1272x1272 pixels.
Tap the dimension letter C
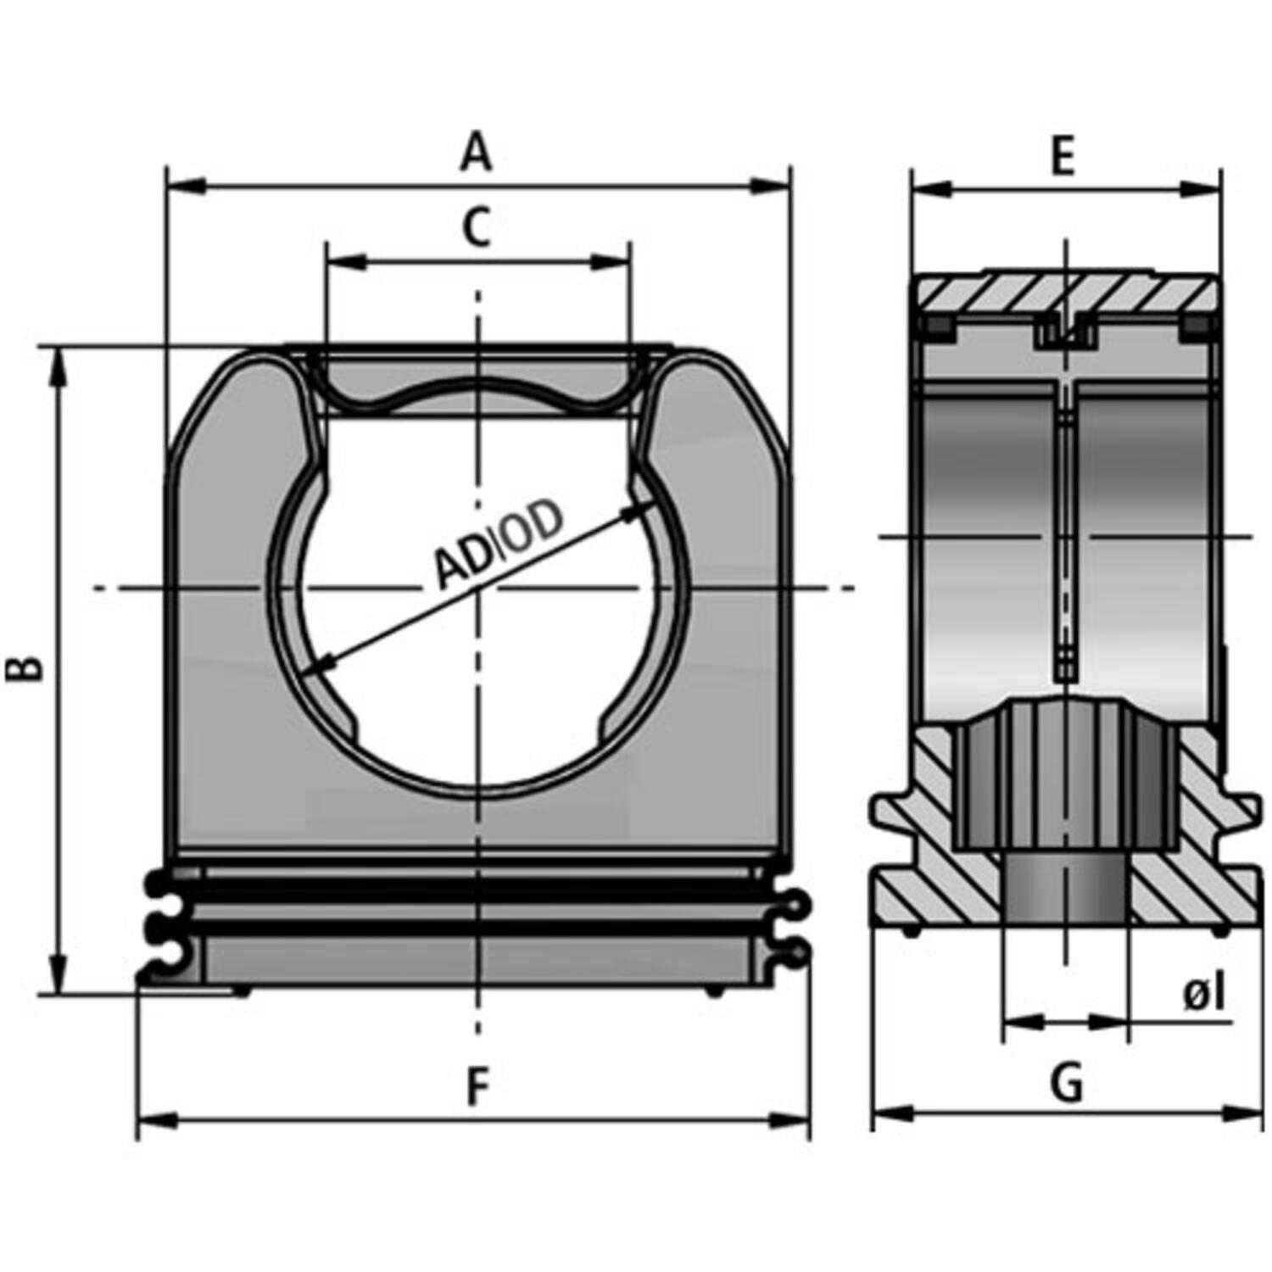[x=477, y=227]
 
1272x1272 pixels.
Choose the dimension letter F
[x=479, y=1088]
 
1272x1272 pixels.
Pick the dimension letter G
[x=1066, y=1083]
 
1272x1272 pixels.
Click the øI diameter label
[x=1204, y=994]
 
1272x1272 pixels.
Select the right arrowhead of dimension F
[x=790, y=1120]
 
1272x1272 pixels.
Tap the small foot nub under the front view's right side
[x=715, y=991]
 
